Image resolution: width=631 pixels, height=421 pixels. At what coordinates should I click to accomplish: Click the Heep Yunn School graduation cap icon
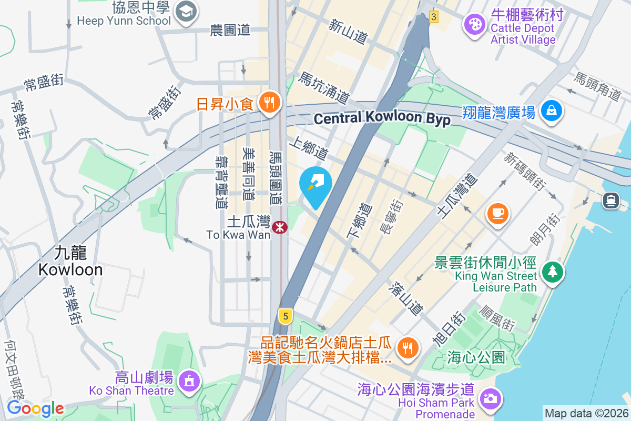186,11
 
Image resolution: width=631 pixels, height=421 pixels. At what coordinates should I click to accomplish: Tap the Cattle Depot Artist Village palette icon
475,24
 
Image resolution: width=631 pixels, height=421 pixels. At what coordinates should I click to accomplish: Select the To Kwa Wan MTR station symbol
280,228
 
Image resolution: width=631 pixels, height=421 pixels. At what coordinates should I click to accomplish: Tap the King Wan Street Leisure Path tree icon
552,272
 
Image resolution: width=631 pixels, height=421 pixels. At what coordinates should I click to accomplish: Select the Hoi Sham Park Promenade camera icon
490,398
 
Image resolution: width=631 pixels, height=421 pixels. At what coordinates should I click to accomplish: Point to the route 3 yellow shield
433,17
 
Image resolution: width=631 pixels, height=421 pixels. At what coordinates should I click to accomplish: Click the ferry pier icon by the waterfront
610,200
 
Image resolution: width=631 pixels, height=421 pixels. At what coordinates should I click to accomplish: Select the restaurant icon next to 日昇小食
270,103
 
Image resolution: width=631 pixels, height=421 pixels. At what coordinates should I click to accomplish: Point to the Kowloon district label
70,262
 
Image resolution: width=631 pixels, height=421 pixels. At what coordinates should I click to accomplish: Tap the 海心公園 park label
476,358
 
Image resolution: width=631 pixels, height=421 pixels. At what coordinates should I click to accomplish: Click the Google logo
35,408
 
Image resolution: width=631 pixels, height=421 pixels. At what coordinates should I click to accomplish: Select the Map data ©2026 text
586,413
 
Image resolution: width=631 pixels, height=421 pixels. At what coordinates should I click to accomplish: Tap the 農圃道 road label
229,31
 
